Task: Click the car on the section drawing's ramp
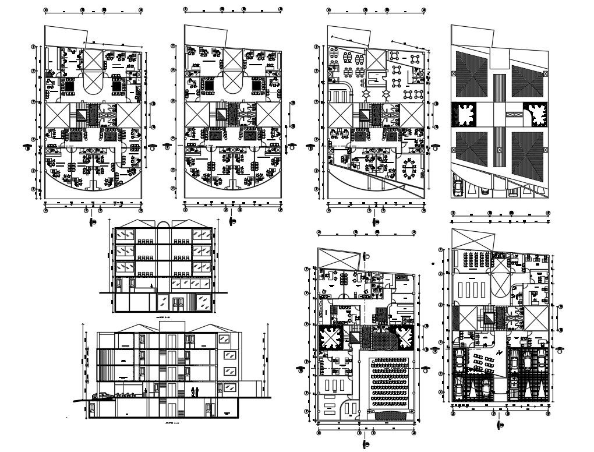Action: tap(102, 396)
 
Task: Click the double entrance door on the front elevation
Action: tap(178, 303)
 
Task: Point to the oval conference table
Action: tap(409, 168)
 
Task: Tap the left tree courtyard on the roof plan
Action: tap(464, 115)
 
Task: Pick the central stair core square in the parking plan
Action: tap(487, 317)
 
